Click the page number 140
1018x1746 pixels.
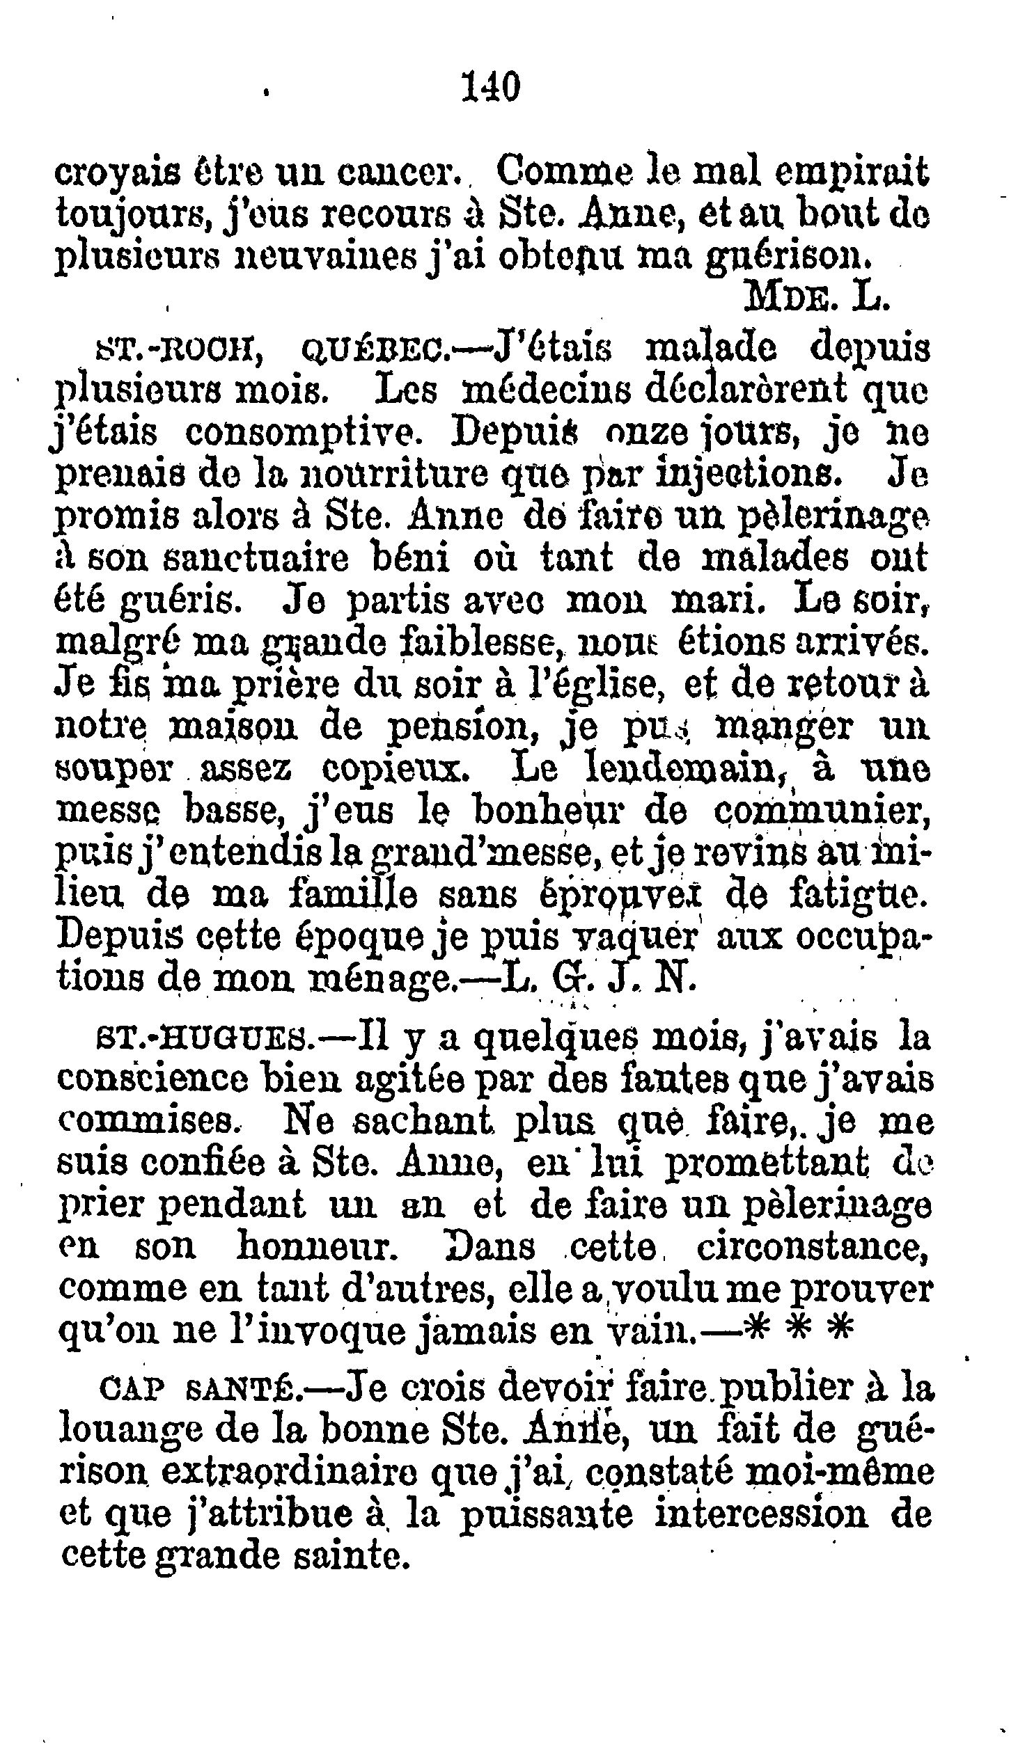[491, 88]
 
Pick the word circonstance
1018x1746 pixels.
[813, 1246]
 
